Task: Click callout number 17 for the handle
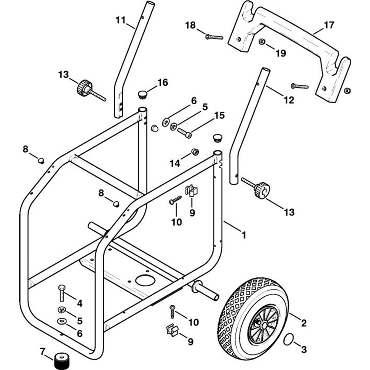click(x=329, y=25)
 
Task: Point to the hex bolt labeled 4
click(x=61, y=293)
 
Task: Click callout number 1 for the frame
click(x=244, y=235)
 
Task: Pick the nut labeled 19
click(x=262, y=42)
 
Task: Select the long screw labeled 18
click(x=214, y=37)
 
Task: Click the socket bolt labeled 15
click(x=184, y=132)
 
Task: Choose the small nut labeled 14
click(x=195, y=152)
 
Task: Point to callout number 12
click(x=289, y=100)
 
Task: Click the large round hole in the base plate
click(x=145, y=280)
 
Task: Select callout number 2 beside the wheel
click(x=303, y=323)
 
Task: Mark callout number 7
click(x=43, y=351)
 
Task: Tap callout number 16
click(x=162, y=83)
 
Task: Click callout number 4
click(x=80, y=303)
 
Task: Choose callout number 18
click(x=190, y=25)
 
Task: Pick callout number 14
click(x=175, y=163)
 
